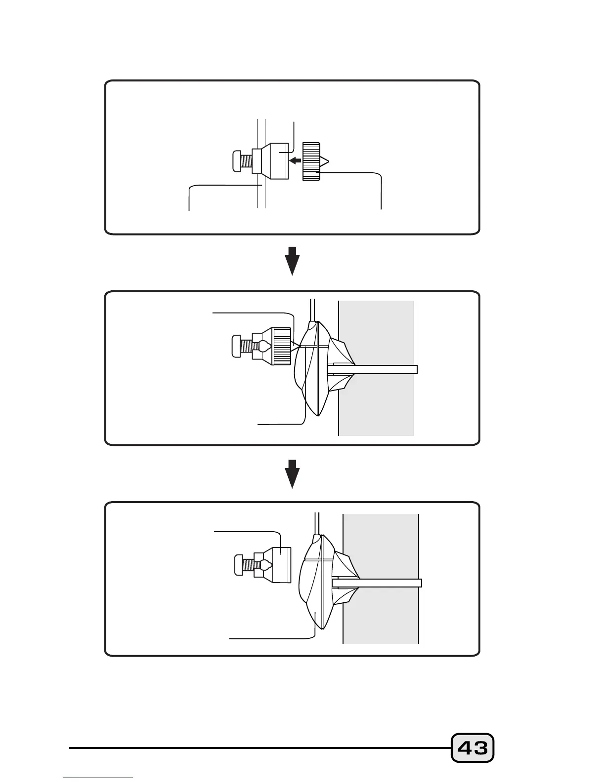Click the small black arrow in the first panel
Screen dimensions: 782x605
pos(295,160)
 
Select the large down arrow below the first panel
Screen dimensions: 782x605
pos(293,261)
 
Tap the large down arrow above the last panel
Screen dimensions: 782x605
pos(293,473)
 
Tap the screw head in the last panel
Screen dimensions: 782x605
pos(240,565)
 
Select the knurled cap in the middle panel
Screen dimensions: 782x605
pos(282,346)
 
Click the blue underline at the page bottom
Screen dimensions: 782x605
pos(98,778)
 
